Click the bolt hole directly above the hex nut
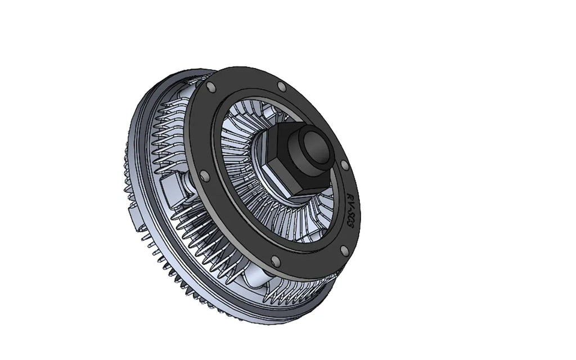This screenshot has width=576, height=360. (281, 86)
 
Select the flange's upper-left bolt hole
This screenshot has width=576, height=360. (210, 87)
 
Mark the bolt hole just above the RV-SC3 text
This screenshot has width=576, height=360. (344, 165)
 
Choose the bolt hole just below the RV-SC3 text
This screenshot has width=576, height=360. (343, 250)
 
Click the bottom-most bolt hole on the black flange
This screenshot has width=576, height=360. (275, 261)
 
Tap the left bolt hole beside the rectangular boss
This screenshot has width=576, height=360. (204, 176)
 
